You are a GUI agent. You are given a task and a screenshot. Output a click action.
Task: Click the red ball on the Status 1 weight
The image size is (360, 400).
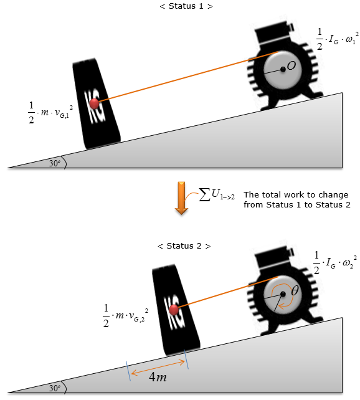point(94,103)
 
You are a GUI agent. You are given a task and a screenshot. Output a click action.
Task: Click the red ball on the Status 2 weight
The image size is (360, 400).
point(174,310)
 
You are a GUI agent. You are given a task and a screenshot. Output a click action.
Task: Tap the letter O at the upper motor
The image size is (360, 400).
point(291,65)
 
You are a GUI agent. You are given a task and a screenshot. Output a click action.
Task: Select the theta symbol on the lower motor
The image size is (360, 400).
point(295,290)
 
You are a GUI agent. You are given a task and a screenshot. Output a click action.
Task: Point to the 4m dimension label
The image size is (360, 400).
point(158,377)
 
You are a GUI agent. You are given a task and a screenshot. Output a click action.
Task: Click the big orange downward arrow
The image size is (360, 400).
point(181,198)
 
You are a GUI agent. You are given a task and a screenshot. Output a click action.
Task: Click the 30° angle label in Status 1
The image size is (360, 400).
point(55,163)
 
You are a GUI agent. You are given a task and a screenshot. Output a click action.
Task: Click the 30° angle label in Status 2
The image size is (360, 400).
point(55,388)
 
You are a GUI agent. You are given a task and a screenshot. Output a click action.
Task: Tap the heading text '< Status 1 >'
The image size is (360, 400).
point(186,6)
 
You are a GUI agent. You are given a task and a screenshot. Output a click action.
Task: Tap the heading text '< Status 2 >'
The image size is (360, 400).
point(184,246)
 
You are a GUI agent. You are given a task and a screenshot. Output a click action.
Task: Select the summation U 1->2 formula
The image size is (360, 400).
point(217,194)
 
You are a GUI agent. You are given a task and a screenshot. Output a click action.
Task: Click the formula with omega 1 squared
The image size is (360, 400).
point(337,39)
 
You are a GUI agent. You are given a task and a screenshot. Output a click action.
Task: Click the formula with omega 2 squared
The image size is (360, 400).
point(335,262)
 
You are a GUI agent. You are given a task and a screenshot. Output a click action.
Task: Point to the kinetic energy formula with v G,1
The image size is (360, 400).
point(50,112)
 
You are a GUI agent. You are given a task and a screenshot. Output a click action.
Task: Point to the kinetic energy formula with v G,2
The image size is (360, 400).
point(125,315)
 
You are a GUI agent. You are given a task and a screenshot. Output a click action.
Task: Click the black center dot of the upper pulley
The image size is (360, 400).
point(283,69)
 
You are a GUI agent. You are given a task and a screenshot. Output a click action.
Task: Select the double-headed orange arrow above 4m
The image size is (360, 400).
point(158,368)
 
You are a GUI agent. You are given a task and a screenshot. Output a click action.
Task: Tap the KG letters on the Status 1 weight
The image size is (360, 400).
point(95,107)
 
